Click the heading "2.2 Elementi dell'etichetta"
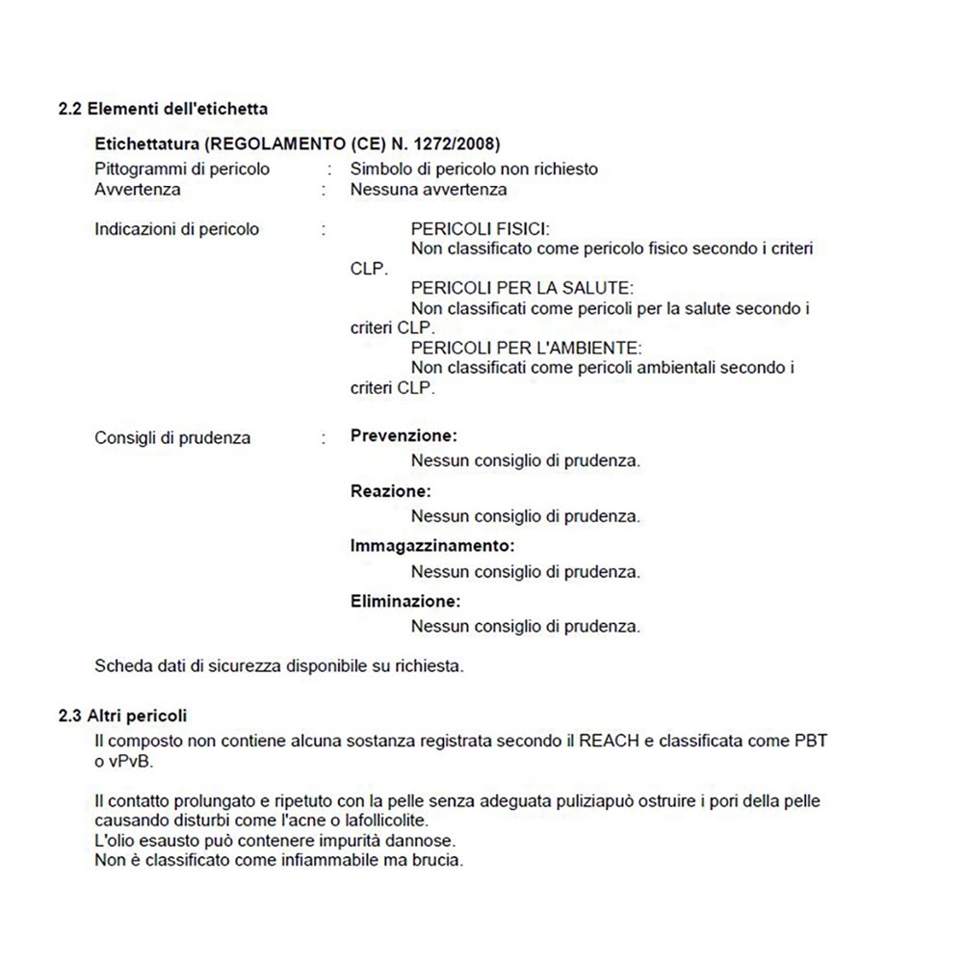163,110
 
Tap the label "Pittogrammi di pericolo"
182,169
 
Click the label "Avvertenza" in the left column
138,189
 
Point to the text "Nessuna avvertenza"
429,189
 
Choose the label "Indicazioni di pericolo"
177,229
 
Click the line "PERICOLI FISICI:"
480,229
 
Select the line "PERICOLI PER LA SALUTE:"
521,289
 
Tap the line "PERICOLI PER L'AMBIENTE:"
526,348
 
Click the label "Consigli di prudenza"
172,437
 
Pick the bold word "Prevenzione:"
403,435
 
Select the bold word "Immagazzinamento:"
432,546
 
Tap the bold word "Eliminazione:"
405,602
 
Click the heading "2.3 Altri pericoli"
123,716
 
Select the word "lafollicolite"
376,820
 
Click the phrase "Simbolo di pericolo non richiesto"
474,169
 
